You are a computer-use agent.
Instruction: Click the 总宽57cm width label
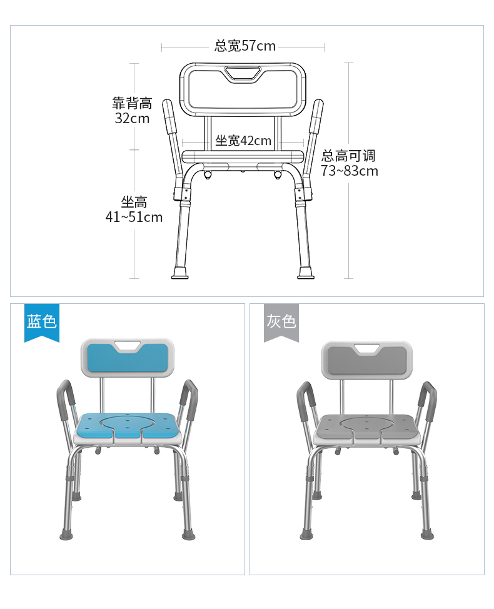click(x=245, y=46)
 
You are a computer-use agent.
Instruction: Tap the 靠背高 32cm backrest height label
click(x=132, y=111)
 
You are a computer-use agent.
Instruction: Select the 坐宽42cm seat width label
click(x=243, y=140)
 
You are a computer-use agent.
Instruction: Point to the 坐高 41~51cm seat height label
click(x=134, y=209)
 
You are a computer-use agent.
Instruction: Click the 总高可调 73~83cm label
click(x=349, y=163)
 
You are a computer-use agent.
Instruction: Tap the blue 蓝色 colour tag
click(x=42, y=323)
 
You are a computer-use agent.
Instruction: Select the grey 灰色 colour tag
click(x=281, y=323)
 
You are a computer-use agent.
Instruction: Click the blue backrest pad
click(x=128, y=358)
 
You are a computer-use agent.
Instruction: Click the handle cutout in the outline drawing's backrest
click(x=243, y=74)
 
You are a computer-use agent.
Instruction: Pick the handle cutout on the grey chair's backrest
click(x=367, y=348)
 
